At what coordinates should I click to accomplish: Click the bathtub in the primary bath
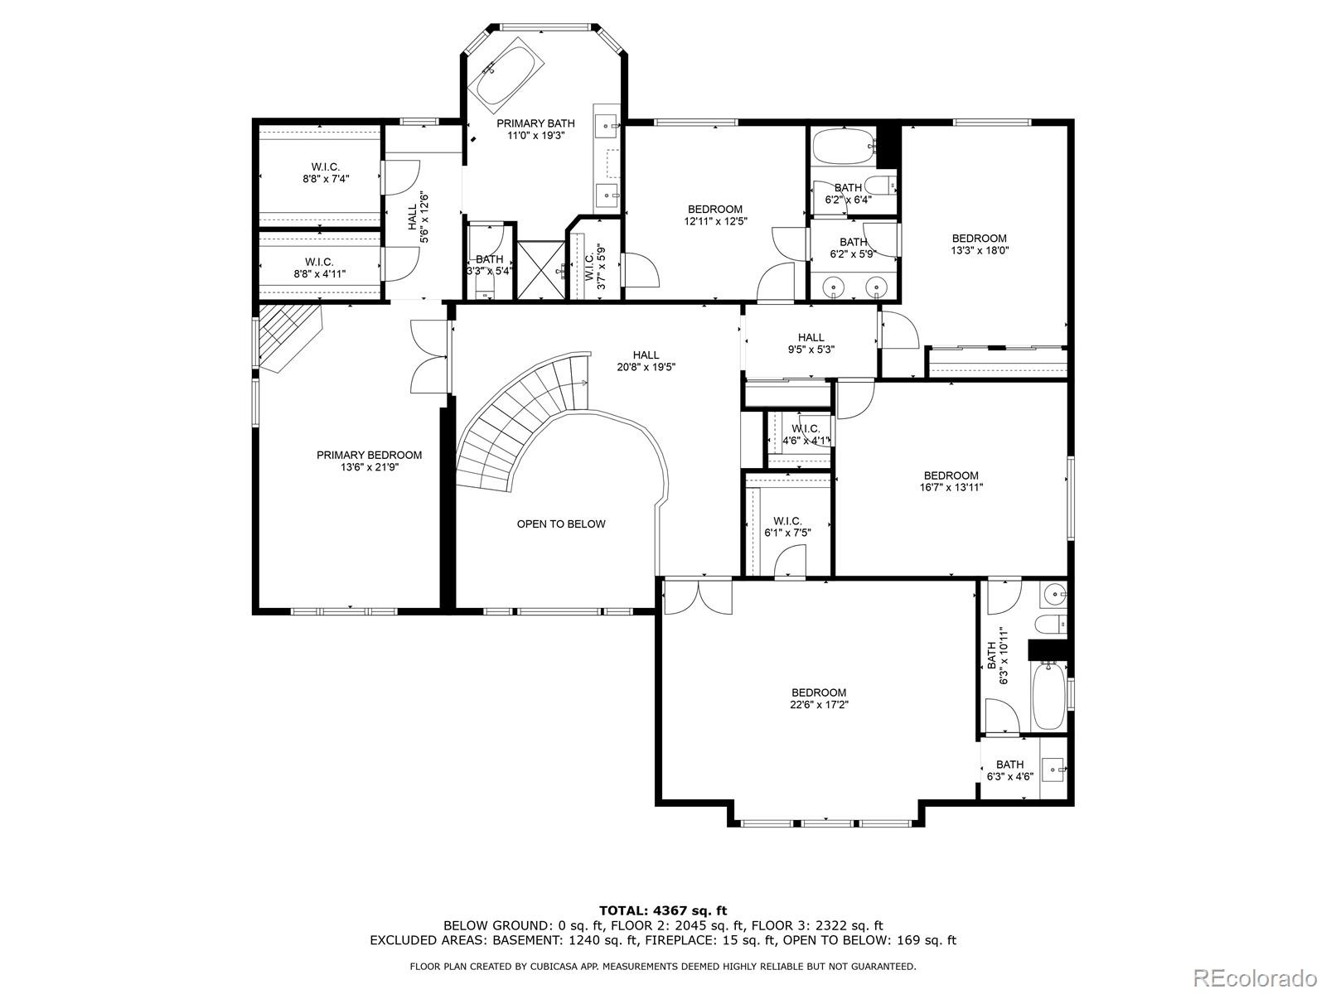pyautogui.click(x=506, y=78)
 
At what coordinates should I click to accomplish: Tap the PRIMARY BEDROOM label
pyautogui.click(x=369, y=455)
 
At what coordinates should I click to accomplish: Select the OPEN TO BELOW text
pyautogui.click(x=561, y=524)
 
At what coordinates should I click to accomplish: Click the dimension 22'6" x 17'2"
pyautogui.click(x=819, y=705)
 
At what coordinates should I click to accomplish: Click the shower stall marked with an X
pyautogui.click(x=540, y=270)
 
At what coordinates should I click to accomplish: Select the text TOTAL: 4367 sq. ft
pyautogui.click(x=663, y=910)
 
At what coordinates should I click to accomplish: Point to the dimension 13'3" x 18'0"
pyautogui.click(x=979, y=250)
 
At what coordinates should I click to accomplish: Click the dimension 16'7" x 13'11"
pyautogui.click(x=951, y=487)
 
